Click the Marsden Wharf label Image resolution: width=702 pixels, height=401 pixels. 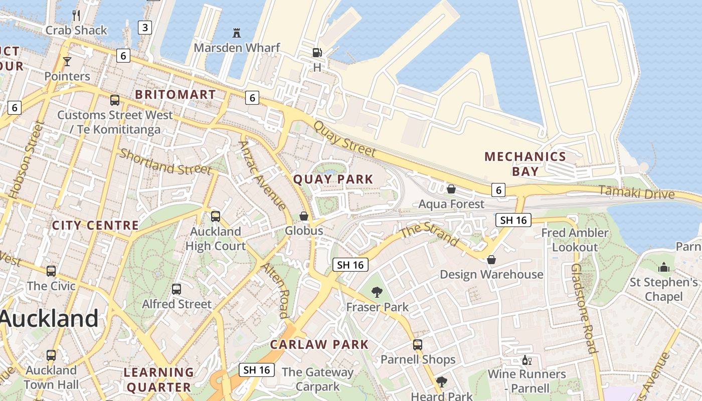237,48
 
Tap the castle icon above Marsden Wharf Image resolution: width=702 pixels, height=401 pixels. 237,33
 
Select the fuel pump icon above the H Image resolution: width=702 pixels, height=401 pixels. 317,53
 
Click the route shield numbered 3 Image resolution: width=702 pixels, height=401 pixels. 145,27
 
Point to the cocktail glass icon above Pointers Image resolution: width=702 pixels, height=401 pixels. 67,62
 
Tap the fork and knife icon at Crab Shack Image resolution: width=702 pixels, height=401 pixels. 76,16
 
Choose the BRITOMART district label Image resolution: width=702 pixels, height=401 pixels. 175,94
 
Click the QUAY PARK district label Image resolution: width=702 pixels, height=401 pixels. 333,179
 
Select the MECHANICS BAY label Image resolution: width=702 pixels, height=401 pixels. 525,163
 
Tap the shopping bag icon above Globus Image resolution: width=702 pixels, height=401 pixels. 304,216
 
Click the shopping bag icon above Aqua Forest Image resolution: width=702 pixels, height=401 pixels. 451,189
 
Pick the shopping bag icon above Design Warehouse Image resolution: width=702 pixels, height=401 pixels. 491,260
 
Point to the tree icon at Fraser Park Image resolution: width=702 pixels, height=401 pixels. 377,292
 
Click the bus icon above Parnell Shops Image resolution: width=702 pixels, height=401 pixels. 418,345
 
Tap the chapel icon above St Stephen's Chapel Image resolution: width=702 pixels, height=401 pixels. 664,267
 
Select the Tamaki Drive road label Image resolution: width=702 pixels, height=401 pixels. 636,192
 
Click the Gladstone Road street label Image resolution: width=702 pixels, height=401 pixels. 583,308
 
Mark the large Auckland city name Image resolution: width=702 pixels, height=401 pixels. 49,318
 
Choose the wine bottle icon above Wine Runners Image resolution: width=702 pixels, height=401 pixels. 526,360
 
